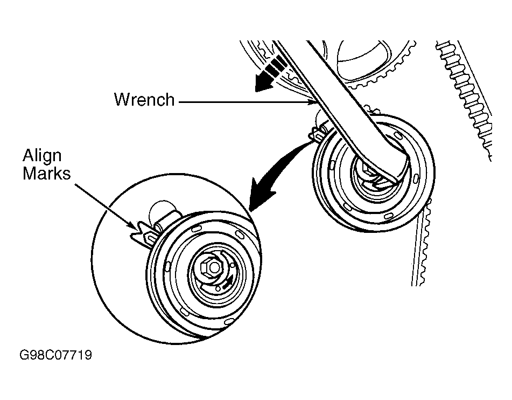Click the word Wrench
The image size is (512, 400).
click(144, 100)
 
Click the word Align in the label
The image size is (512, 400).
click(42, 156)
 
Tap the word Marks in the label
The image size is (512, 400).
click(46, 174)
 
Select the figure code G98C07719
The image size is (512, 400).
click(55, 356)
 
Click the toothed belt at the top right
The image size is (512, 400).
click(468, 92)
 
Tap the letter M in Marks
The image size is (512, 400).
click(29, 174)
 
